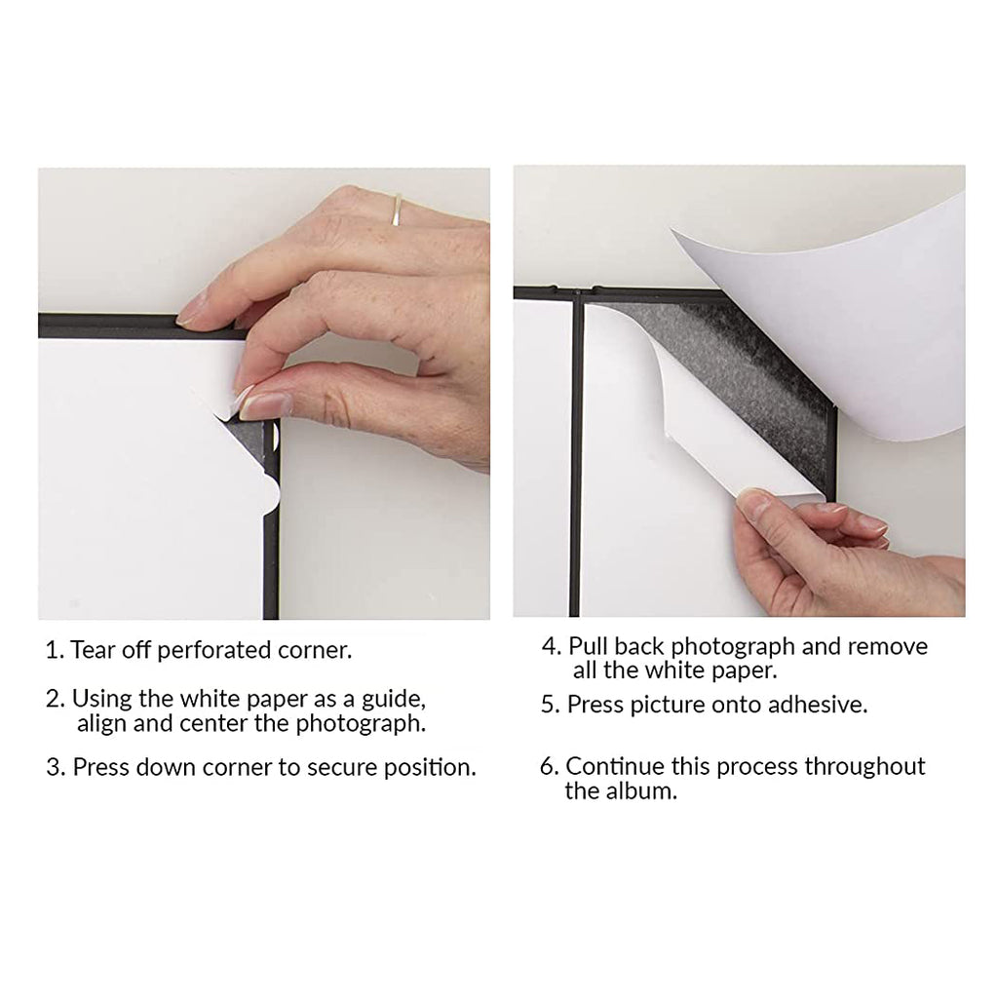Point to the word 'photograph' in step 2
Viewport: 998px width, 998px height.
pyautogui.click(x=360, y=724)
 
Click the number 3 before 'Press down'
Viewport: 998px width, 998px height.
pyautogui.click(x=55, y=767)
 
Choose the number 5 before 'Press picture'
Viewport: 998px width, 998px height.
pyautogui.click(x=550, y=705)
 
